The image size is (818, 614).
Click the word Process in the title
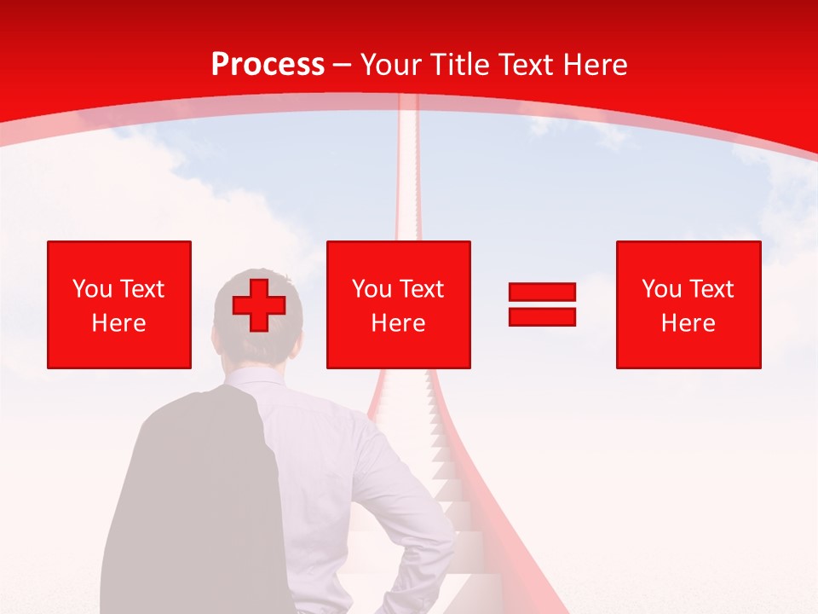(x=268, y=65)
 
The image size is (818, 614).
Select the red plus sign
(x=258, y=304)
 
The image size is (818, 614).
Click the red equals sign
(x=542, y=304)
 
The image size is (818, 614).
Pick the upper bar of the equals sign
(x=542, y=293)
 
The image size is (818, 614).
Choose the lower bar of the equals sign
(x=542, y=316)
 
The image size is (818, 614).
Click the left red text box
(x=118, y=304)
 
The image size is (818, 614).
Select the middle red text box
(x=398, y=304)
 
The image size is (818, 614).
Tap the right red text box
(x=688, y=304)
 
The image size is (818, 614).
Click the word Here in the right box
(x=688, y=323)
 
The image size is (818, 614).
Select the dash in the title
(x=343, y=65)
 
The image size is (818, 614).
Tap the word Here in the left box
(x=118, y=323)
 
